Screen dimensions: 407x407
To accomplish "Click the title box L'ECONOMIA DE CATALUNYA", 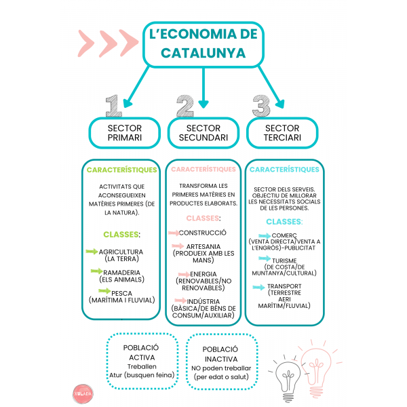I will point(203,44).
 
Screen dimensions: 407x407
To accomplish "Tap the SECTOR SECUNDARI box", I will point(203,132).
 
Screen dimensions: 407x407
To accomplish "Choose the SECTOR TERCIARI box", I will point(282,132).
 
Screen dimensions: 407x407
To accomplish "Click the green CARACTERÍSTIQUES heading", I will point(122,170).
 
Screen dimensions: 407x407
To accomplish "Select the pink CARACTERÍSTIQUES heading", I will point(203,169).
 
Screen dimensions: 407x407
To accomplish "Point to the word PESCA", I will point(121,293).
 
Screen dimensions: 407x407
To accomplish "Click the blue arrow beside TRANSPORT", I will point(258,287).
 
